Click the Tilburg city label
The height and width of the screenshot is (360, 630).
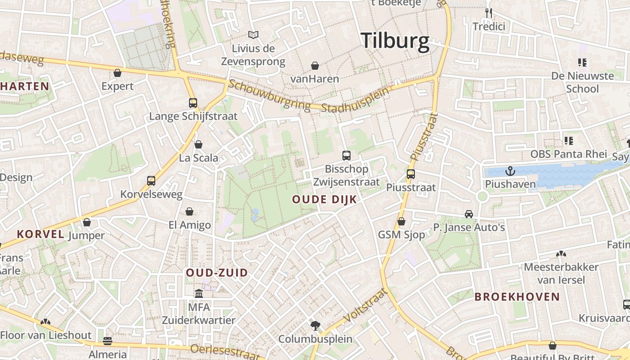[x=395, y=41]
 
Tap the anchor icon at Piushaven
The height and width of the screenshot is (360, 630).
[x=510, y=171]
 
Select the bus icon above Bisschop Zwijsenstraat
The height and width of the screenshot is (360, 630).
[x=346, y=156]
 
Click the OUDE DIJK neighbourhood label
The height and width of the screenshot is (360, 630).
[x=324, y=199]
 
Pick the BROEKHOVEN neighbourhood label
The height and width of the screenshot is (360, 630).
[x=517, y=297]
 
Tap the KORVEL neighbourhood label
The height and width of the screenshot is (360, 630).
[x=40, y=234]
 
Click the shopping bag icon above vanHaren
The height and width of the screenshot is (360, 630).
[x=315, y=66]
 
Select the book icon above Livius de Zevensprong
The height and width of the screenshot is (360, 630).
[x=253, y=35]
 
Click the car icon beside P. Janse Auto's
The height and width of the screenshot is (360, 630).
[x=469, y=214]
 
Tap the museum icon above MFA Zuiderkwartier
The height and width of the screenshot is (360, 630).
[x=198, y=294]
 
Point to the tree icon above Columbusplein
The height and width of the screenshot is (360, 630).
[x=315, y=325]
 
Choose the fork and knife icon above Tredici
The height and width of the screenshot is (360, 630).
[x=489, y=13]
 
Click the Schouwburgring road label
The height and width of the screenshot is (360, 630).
[x=269, y=95]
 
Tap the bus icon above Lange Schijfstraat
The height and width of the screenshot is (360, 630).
[x=193, y=103]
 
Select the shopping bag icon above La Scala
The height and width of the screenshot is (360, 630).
[x=198, y=144]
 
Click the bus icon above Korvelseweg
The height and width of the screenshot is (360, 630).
[x=151, y=181]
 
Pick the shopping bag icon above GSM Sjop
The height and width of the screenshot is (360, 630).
[x=401, y=221]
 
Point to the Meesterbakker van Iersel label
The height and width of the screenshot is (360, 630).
[x=561, y=273]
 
